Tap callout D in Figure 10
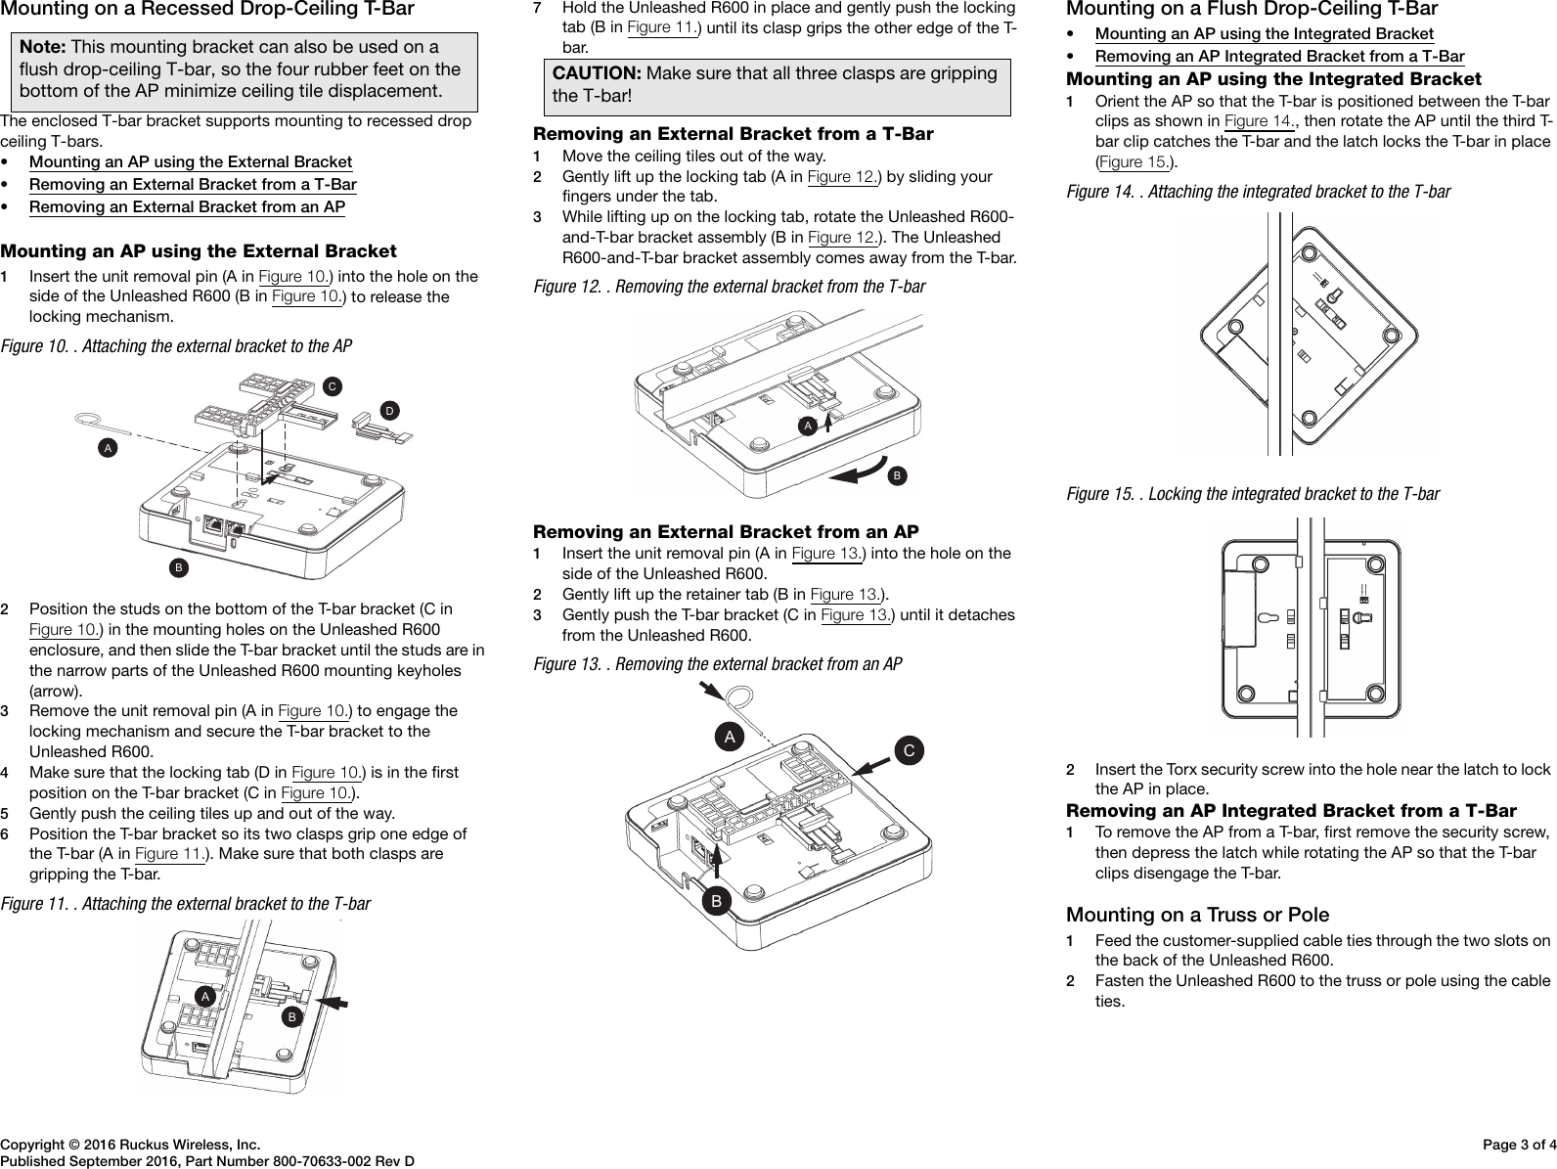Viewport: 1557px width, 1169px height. [389, 409]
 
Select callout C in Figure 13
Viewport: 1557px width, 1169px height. [910, 751]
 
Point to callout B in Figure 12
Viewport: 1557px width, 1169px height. [896, 475]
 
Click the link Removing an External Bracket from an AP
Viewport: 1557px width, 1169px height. [187, 206]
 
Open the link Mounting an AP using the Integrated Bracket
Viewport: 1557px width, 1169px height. [1264, 34]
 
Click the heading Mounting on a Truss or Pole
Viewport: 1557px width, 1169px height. [1197, 915]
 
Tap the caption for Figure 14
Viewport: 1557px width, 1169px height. [1258, 192]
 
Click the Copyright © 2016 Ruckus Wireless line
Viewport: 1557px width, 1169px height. [130, 1144]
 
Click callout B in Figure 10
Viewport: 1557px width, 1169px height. [178, 566]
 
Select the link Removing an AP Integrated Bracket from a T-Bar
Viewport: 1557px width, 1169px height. [1279, 57]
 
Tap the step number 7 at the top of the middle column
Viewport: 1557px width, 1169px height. [537, 8]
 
